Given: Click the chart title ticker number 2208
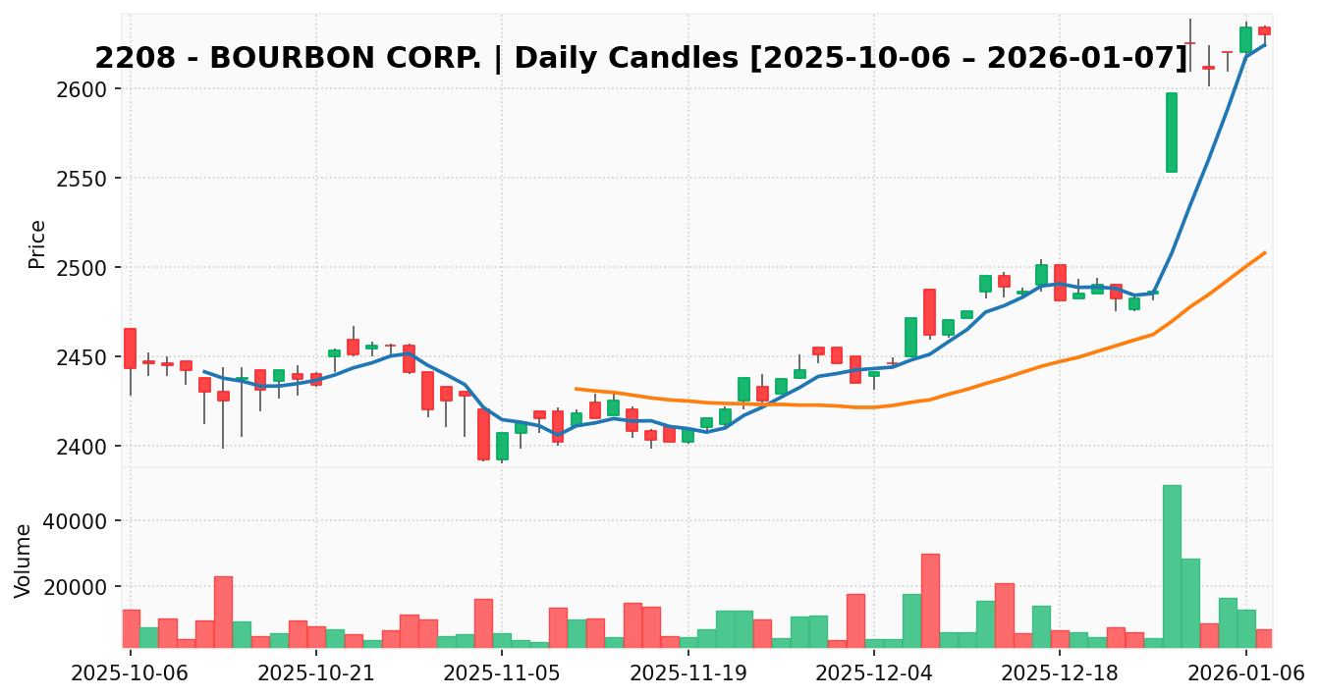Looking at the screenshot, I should tap(126, 59).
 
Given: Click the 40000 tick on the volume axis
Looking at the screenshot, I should tap(86, 520).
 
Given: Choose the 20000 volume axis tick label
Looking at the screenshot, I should tap(86, 587).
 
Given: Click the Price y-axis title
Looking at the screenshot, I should tap(37, 243).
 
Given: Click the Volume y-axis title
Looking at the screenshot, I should tap(24, 560).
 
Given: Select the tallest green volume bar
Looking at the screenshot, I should tap(1172, 566).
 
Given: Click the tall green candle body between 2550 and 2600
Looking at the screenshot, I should tap(1172, 133).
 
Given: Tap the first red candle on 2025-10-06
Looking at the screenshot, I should tap(130, 349).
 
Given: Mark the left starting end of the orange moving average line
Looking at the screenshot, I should tap(576, 389).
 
